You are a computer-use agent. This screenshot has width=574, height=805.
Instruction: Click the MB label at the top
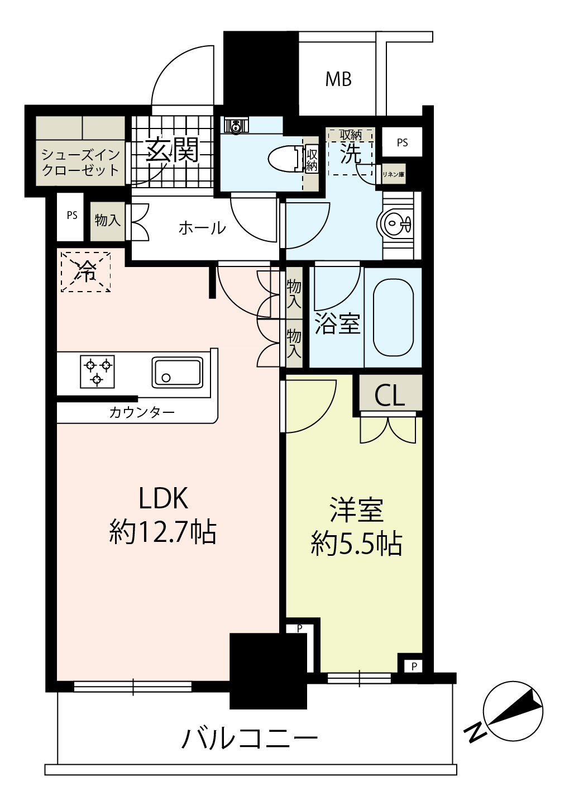click(x=338, y=79)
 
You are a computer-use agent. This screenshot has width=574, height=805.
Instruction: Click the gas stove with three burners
click(x=97, y=371)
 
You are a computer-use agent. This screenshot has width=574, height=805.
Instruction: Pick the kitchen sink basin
click(x=177, y=372)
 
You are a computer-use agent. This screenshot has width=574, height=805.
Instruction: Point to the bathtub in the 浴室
click(x=393, y=318)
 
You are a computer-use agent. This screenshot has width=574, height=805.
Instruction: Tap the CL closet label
click(x=389, y=396)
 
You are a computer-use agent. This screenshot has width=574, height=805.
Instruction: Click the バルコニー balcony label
click(x=250, y=738)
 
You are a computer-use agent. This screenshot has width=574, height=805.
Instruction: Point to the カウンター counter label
click(x=142, y=413)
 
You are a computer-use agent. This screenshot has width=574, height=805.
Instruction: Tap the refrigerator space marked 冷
click(x=85, y=271)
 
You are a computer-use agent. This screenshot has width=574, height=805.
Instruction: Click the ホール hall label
click(x=202, y=228)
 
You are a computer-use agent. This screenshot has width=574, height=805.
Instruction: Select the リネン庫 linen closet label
click(x=393, y=175)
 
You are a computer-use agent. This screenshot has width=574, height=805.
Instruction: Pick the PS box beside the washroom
click(x=402, y=142)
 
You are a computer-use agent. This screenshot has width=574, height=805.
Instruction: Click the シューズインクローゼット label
click(x=81, y=163)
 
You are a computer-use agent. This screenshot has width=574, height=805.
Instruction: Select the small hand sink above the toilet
click(x=236, y=126)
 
